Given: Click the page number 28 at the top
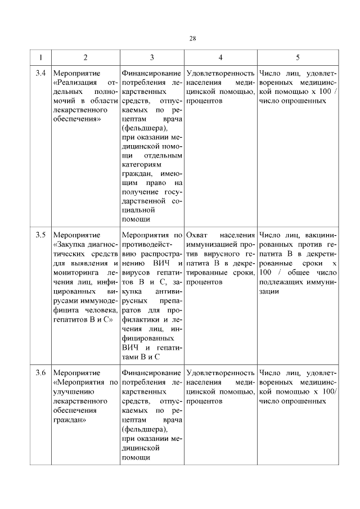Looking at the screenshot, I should (x=192, y=39).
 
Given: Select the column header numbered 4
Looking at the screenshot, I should (x=220, y=57).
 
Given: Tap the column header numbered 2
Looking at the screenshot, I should (x=85, y=57).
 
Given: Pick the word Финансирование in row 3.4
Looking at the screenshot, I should (x=151, y=73).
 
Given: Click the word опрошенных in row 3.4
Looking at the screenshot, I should (x=307, y=101).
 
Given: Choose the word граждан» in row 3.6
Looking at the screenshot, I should (x=67, y=420).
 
